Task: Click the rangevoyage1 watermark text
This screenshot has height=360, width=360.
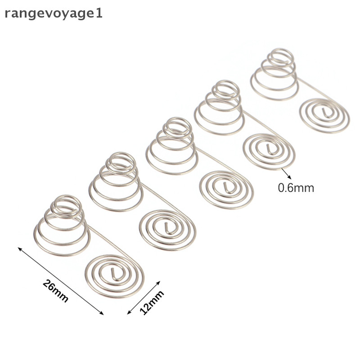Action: [x=54, y=14]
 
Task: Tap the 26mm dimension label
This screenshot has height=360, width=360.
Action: [x=55, y=291]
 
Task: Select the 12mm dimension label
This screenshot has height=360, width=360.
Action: [x=152, y=302]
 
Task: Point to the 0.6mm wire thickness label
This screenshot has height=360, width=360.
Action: [x=296, y=188]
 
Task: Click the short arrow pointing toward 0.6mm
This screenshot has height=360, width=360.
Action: [x=286, y=173]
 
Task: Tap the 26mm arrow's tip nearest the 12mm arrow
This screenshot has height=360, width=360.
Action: [x=103, y=315]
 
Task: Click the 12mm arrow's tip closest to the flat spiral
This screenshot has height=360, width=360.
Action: [x=160, y=281]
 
